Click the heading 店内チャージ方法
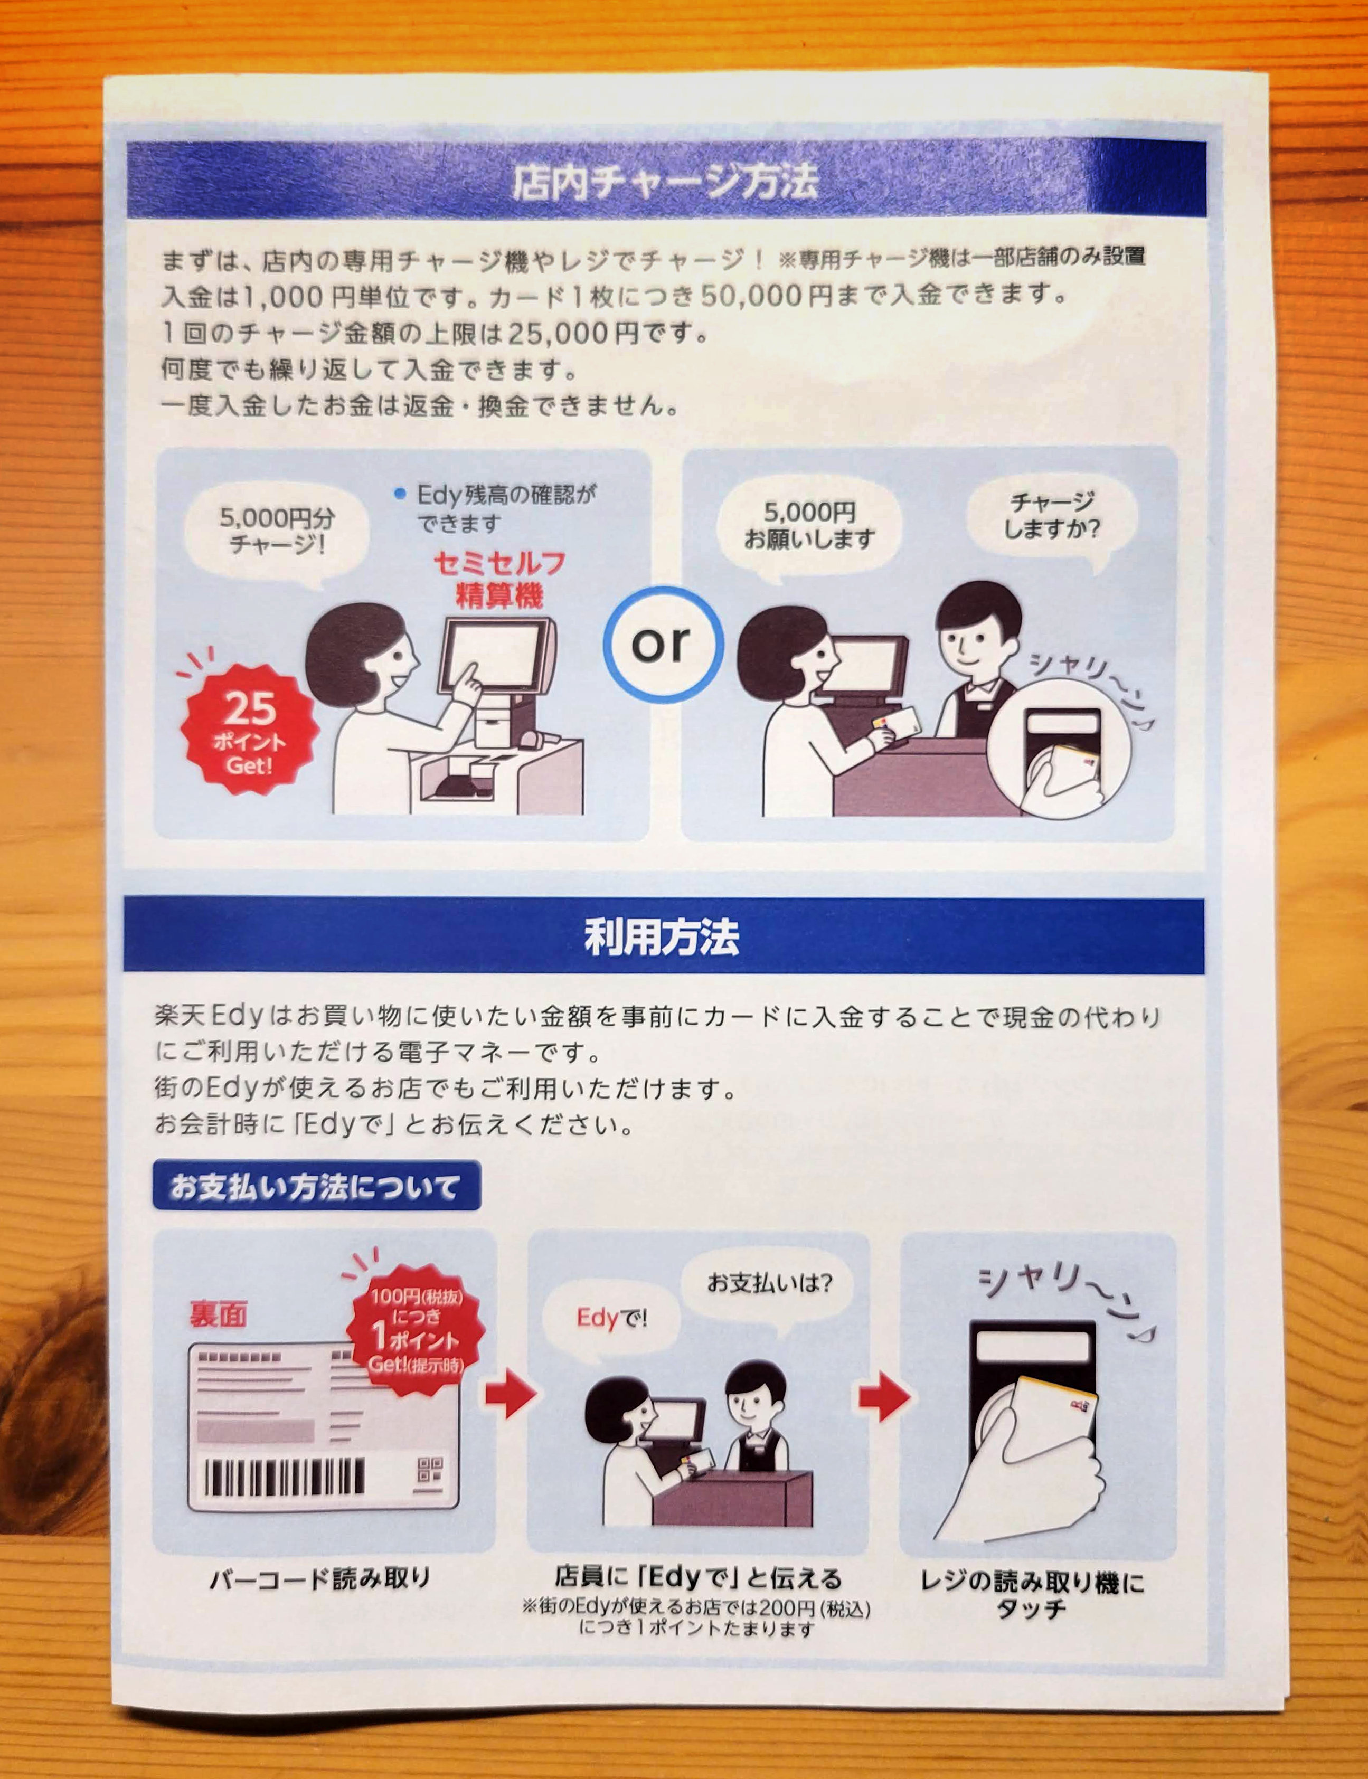coord(664,181)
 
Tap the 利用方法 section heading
coord(661,937)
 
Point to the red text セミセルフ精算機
coord(498,579)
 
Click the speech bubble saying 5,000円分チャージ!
coord(277,533)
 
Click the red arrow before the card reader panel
coord(884,1398)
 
